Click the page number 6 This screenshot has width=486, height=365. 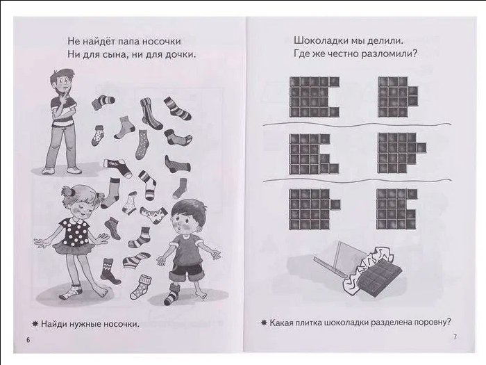28,339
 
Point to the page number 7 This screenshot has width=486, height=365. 455,336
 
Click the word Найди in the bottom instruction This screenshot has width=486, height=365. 53,324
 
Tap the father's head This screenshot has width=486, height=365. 63,82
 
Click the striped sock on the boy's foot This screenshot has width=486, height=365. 171,295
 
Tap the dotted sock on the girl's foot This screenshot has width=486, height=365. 72,292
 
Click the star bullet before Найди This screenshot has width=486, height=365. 35,324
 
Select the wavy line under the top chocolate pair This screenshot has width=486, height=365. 357,124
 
